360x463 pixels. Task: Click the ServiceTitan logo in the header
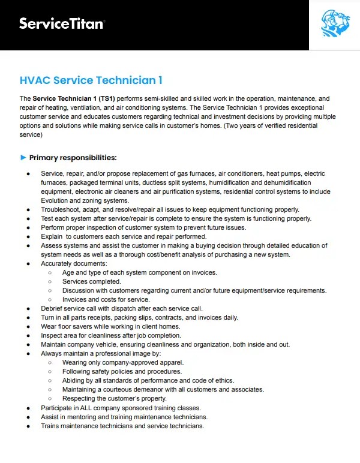tap(62, 24)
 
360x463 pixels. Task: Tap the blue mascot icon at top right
tap(334, 25)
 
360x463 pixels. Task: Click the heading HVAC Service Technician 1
tap(91, 80)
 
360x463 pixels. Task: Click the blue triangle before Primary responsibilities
tap(23, 158)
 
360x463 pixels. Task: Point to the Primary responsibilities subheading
tap(73, 158)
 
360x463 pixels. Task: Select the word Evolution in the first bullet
tap(57, 200)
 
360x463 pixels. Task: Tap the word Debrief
tap(53, 308)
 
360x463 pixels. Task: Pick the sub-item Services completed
tap(91, 281)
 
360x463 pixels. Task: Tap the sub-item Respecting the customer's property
tap(115, 398)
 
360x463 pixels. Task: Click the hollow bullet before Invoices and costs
tap(49, 299)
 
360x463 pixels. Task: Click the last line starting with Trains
tap(122, 426)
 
